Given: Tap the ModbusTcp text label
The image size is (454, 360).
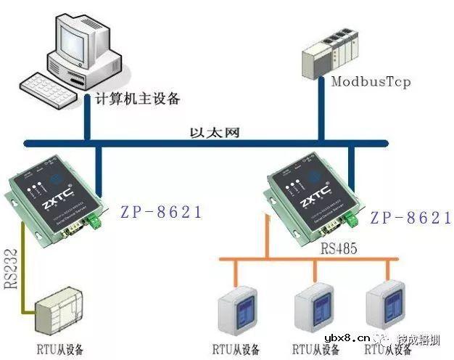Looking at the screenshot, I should pos(371,81).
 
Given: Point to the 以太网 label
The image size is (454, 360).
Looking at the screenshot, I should pos(215,132).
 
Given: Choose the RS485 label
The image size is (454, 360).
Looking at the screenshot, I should pos(339,248).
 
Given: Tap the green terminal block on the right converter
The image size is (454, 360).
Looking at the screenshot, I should pos(352,219).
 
